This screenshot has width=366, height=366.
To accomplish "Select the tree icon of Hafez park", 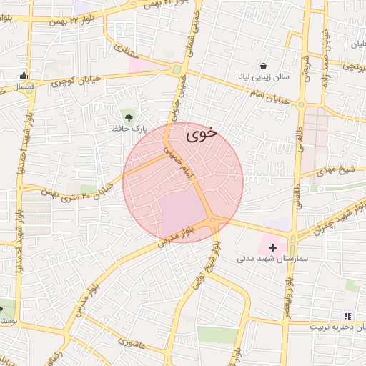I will pyautogui.click(x=129, y=116).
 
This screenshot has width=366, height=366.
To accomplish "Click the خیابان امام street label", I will pyautogui.click(x=269, y=94).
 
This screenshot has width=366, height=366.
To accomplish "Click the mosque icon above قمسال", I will pyautogui.click(x=24, y=75).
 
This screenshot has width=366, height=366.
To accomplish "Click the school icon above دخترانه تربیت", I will pyautogui.click(x=348, y=315).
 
